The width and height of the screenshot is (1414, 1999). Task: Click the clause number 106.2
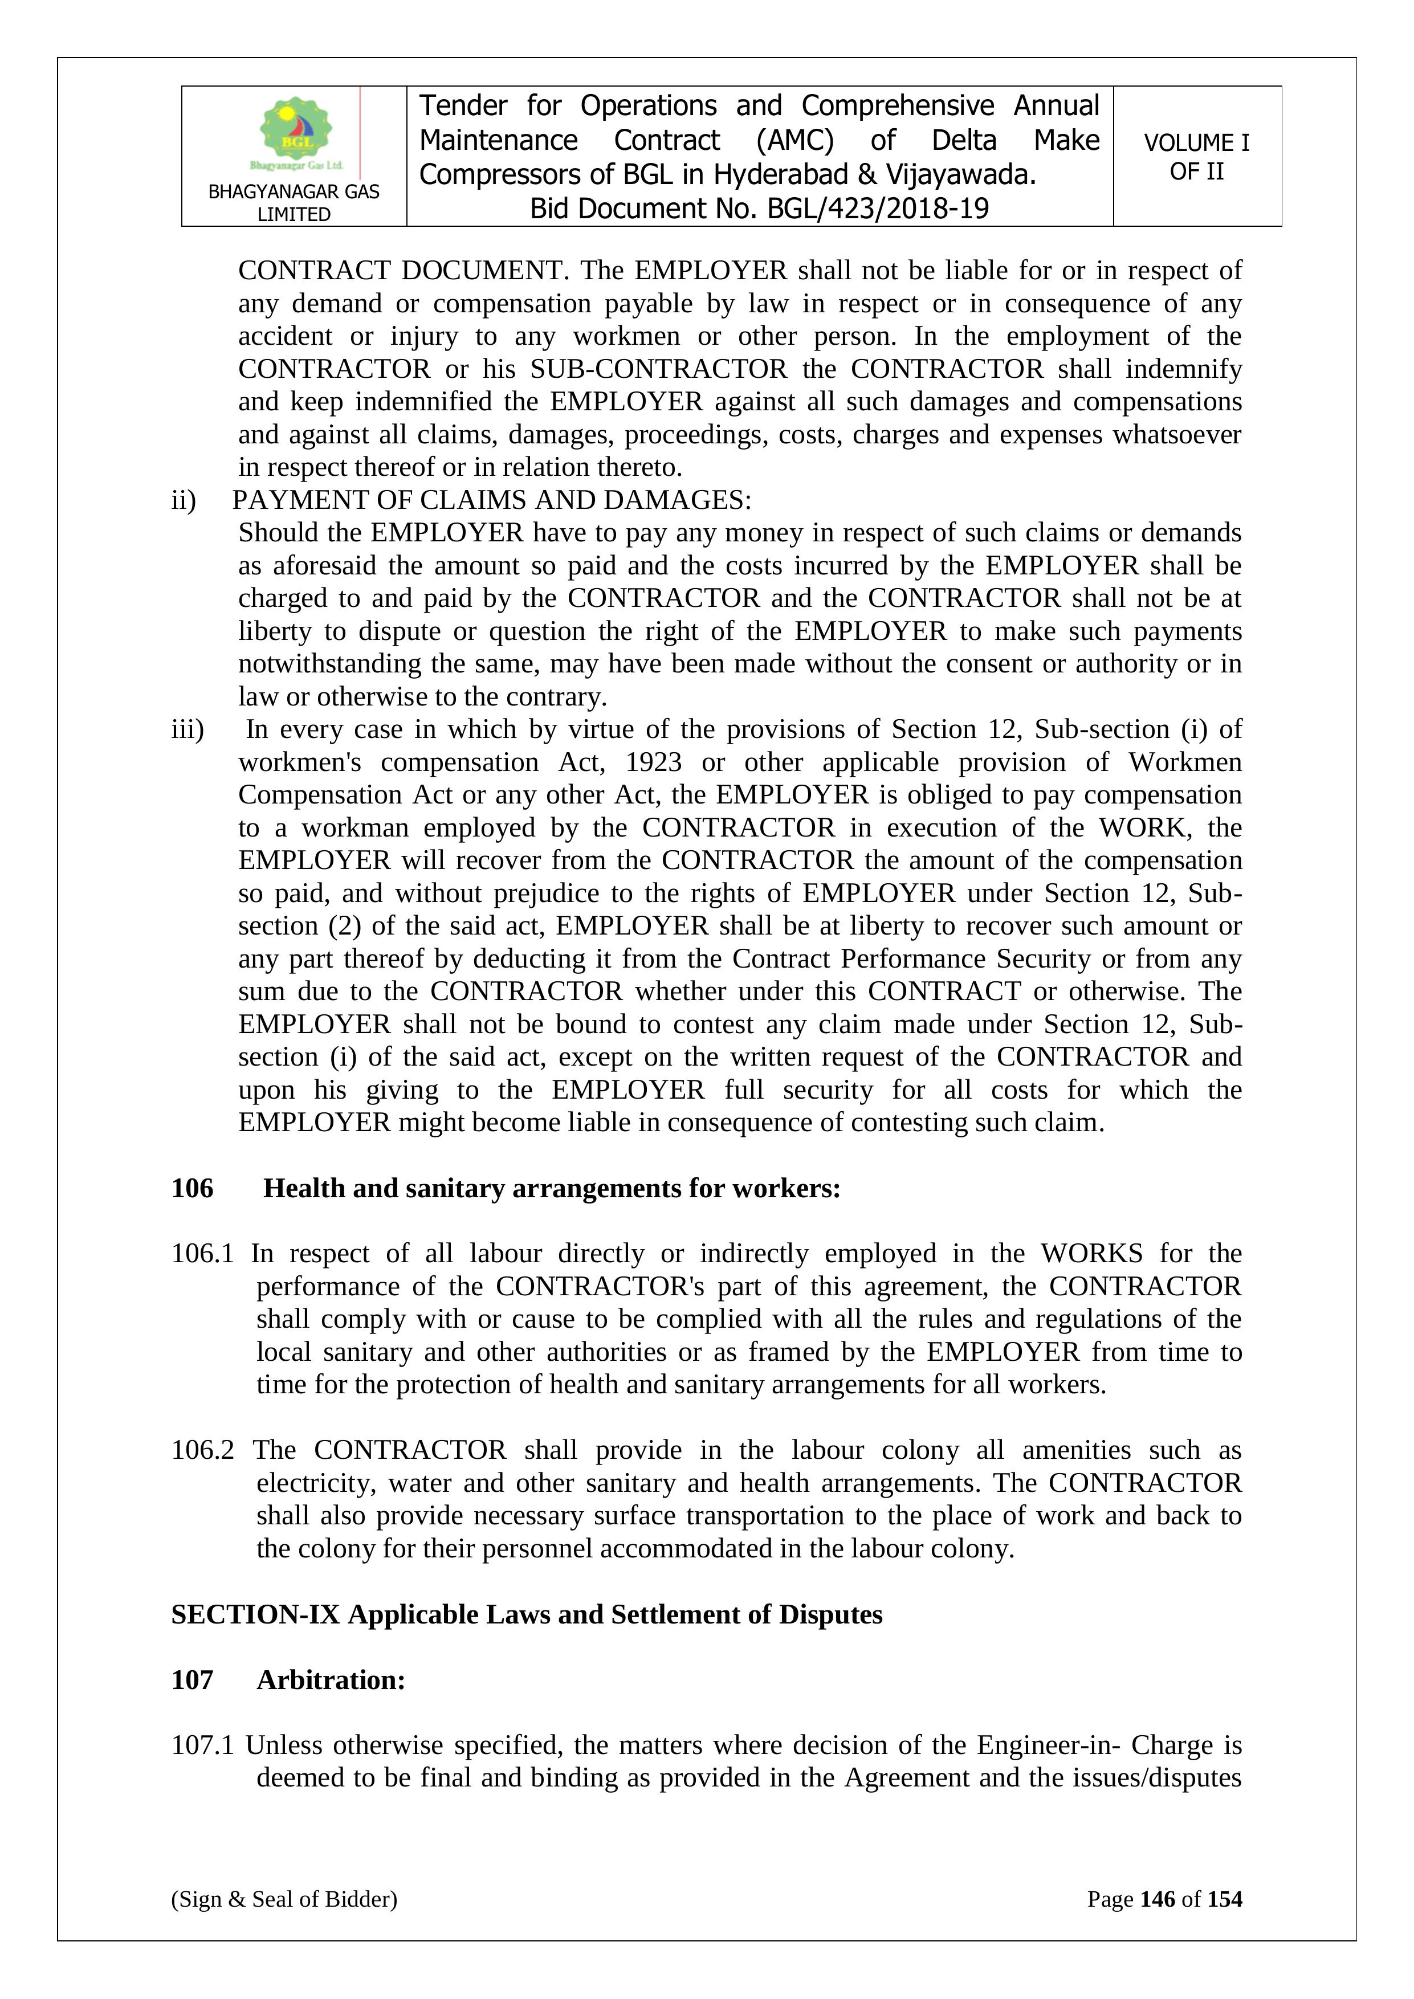[x=202, y=1450]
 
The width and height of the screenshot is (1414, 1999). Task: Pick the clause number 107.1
[x=202, y=1745]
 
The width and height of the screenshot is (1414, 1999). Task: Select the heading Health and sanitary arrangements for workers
[x=552, y=1189]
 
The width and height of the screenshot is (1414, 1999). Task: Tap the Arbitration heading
[x=331, y=1680]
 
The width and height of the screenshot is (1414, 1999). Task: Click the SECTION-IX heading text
[x=527, y=1614]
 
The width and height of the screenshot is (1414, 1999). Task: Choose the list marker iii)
[x=187, y=729]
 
